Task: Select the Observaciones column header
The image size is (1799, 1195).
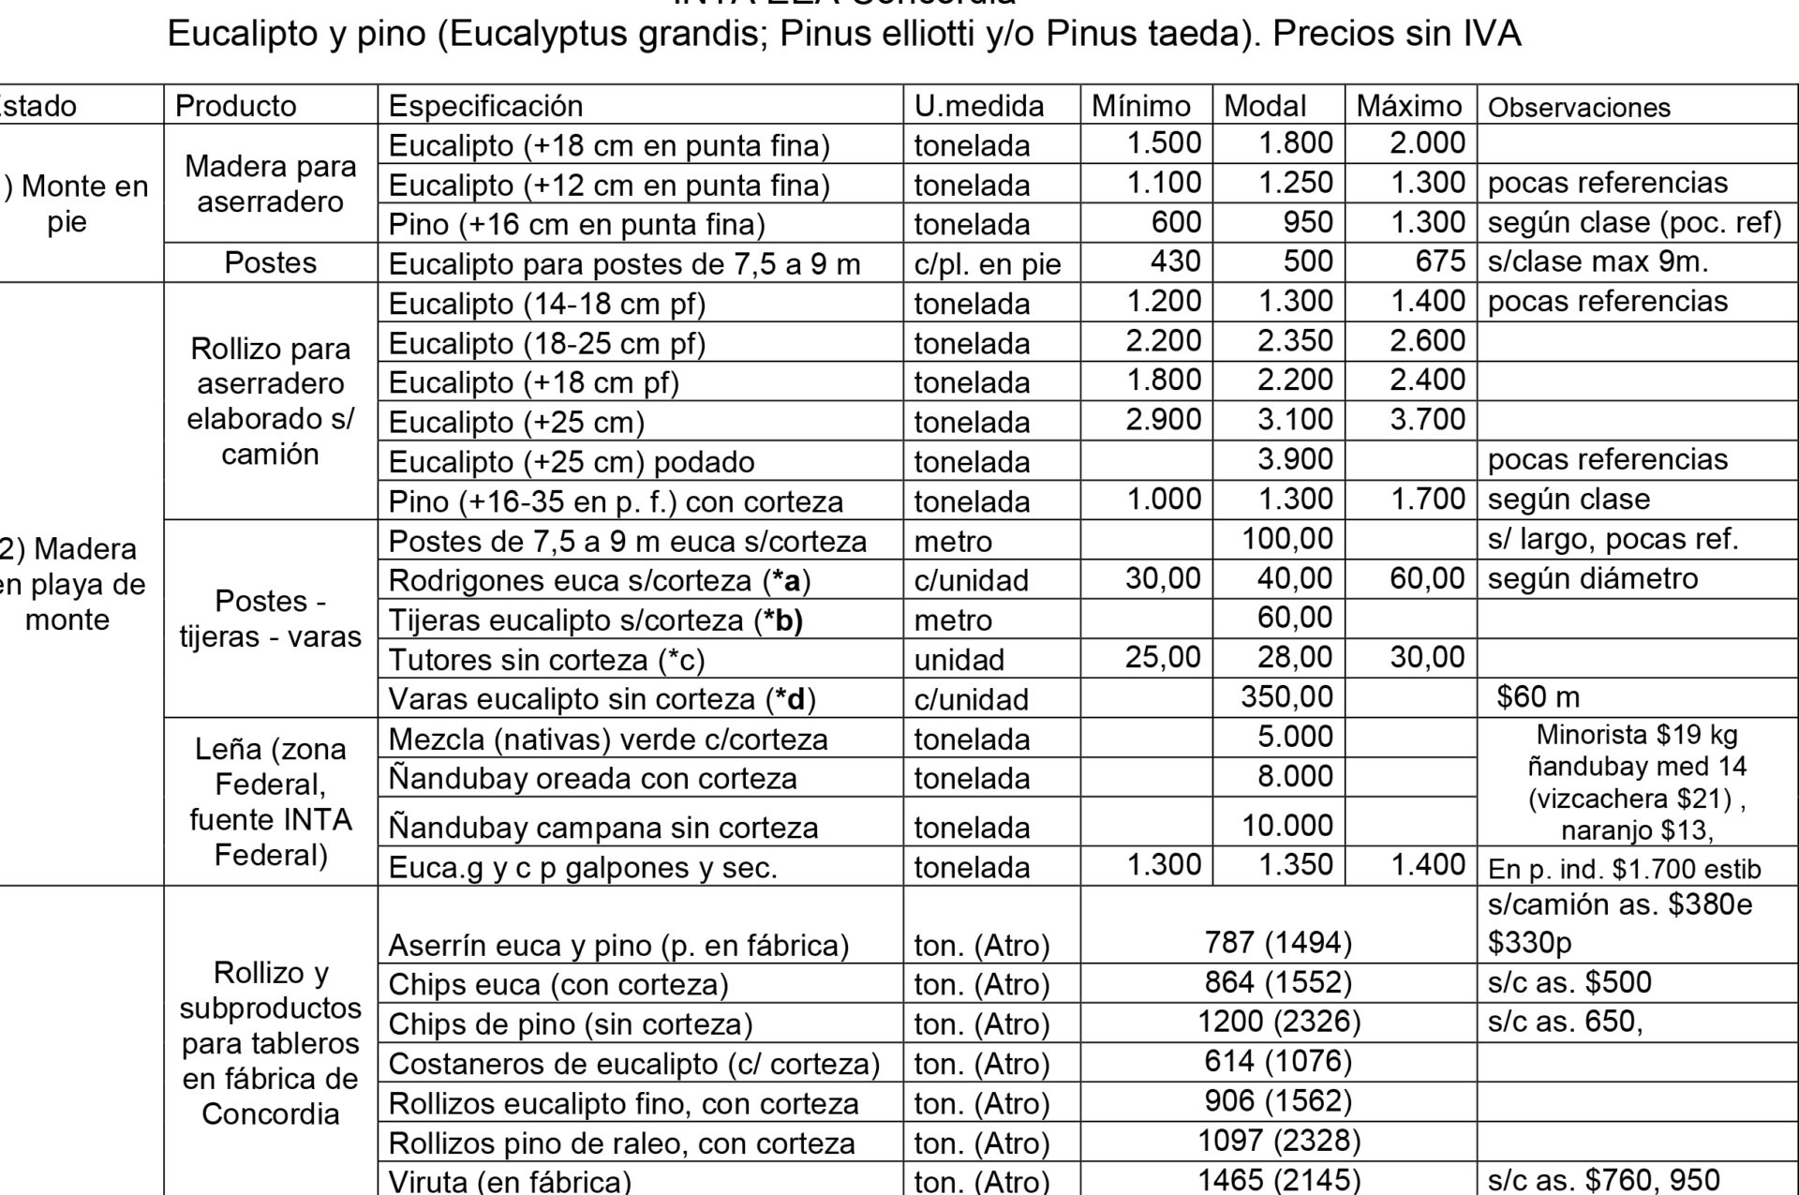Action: click(1579, 107)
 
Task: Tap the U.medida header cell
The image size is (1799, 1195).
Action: click(979, 106)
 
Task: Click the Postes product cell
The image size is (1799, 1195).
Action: click(270, 262)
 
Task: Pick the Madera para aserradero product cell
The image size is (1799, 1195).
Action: click(270, 184)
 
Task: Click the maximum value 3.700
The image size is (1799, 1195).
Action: click(1427, 420)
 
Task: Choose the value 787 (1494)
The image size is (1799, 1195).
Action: click(1278, 943)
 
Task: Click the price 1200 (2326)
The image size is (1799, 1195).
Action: click(1278, 1022)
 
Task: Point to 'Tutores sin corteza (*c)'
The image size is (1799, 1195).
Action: click(545, 660)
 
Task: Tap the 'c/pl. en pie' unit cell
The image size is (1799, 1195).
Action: click(988, 264)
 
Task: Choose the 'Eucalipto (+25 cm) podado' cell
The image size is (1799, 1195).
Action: click(571, 461)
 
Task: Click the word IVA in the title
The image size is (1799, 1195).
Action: click(1488, 34)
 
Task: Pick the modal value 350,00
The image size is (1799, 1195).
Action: click(1286, 697)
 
